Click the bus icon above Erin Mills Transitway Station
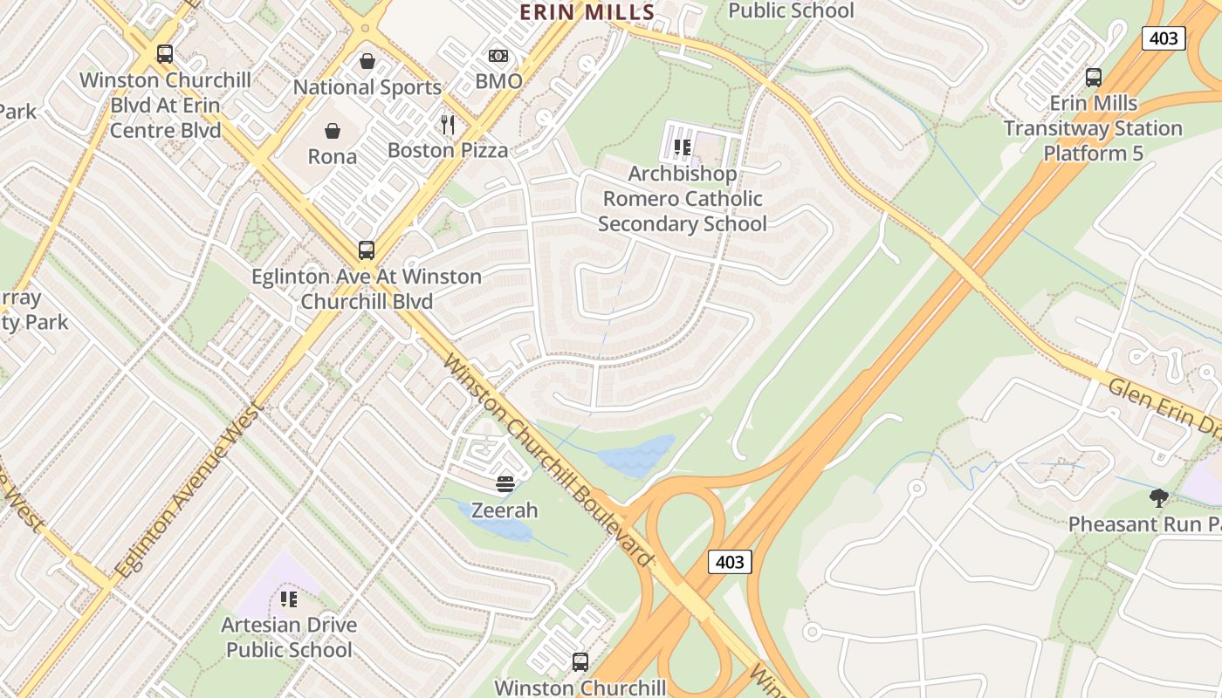pyautogui.click(x=1093, y=78)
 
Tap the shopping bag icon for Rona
pyautogui.click(x=333, y=132)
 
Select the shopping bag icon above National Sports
pyautogui.click(x=367, y=62)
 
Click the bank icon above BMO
pyautogui.click(x=498, y=56)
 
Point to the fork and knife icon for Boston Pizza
pyautogui.click(x=448, y=125)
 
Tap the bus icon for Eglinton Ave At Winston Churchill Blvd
pyautogui.click(x=367, y=250)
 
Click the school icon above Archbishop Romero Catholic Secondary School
pyautogui.click(x=683, y=147)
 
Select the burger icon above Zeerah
pyautogui.click(x=505, y=484)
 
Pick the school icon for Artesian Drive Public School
pyautogui.click(x=289, y=599)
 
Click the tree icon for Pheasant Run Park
pyautogui.click(x=1158, y=498)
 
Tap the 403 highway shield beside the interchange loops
pyautogui.click(x=729, y=562)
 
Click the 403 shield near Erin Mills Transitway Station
pyautogui.click(x=1164, y=38)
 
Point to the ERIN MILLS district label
pyautogui.click(x=587, y=12)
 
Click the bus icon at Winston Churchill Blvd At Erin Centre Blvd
pyautogui.click(x=165, y=54)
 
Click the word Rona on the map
pyautogui.click(x=333, y=157)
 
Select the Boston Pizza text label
pyautogui.click(x=448, y=150)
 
